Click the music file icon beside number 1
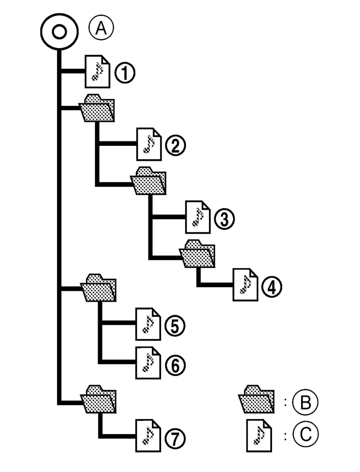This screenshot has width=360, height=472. pyautogui.click(x=98, y=71)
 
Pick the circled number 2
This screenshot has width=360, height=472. pyautogui.click(x=175, y=145)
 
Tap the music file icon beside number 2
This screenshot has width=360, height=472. pyautogui.click(x=148, y=143)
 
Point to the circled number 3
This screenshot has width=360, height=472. pyautogui.click(x=224, y=218)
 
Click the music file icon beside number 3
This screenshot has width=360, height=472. pyautogui.click(x=197, y=216)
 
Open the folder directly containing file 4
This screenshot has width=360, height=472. pyautogui.click(x=197, y=254)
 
